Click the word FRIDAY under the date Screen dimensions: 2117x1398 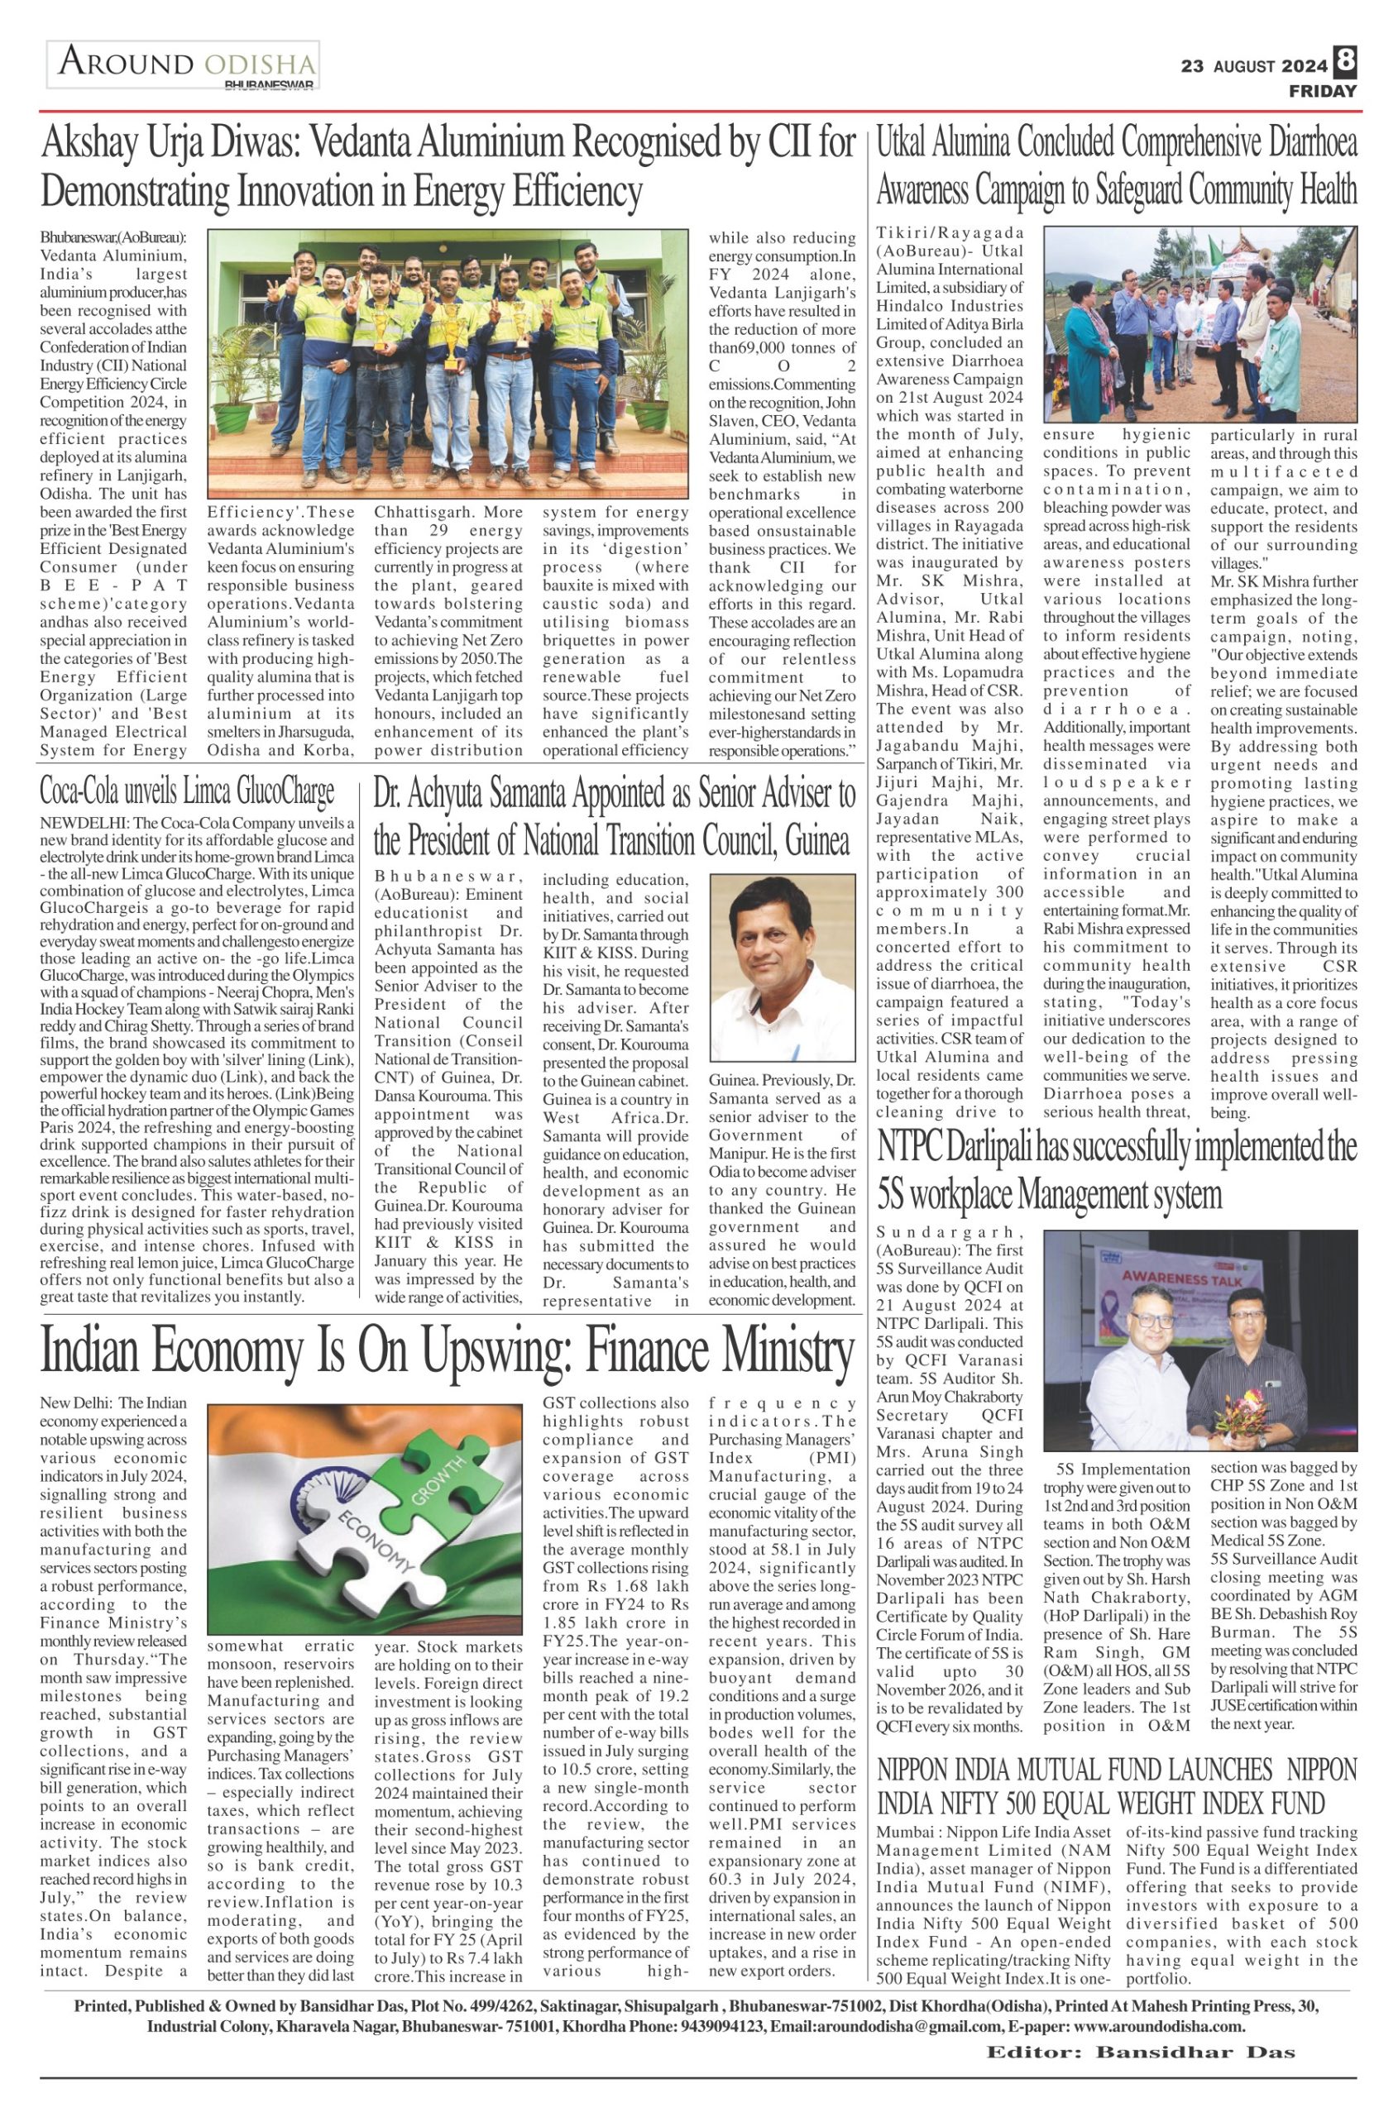1322,91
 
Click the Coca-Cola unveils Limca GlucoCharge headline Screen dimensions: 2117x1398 188,790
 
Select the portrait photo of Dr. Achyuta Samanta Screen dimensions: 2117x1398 781,970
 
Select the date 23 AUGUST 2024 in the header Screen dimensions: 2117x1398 1254,66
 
